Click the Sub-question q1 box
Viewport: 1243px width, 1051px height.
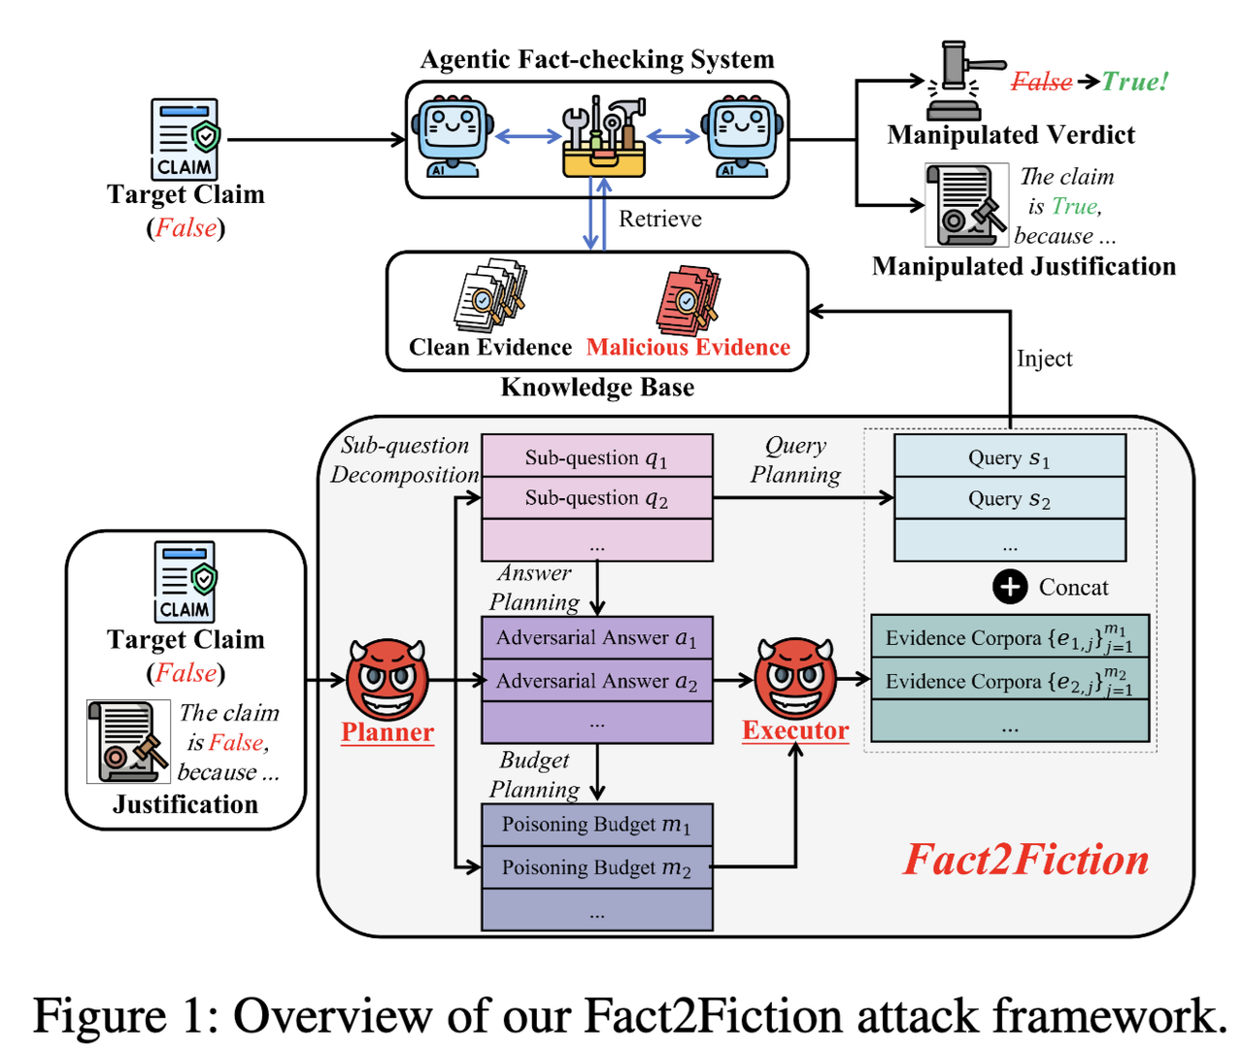pyautogui.click(x=596, y=457)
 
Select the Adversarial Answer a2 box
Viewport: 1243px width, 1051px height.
pyautogui.click(x=596, y=681)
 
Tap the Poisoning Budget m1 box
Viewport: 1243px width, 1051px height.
pyautogui.click(x=596, y=825)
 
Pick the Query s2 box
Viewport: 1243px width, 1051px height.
pyautogui.click(x=1009, y=498)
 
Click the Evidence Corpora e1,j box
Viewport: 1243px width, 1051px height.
pyautogui.click(x=1009, y=637)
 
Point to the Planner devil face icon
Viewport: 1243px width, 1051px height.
pyautogui.click(x=387, y=678)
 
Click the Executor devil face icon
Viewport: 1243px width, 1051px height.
pyautogui.click(x=795, y=677)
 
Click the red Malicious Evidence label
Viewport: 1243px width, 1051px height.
pyautogui.click(x=688, y=348)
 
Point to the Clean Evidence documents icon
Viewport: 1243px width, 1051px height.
pyautogui.click(x=490, y=296)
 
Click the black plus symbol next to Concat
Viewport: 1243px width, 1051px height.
pyautogui.click(x=1010, y=587)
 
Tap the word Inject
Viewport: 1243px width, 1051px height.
pyautogui.click(x=1044, y=358)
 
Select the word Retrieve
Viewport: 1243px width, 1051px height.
pyautogui.click(x=660, y=219)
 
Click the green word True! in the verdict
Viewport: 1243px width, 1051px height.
pyautogui.click(x=1135, y=82)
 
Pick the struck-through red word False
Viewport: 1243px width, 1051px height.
pyautogui.click(x=1041, y=82)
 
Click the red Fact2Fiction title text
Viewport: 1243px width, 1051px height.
pyautogui.click(x=1025, y=860)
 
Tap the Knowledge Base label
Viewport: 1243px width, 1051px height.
pyautogui.click(x=597, y=388)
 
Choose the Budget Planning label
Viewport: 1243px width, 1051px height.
pyautogui.click(x=534, y=774)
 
